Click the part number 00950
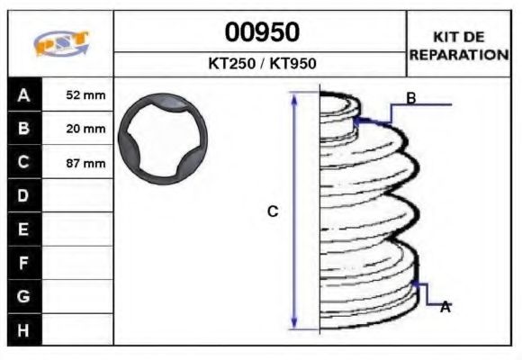[x=261, y=32]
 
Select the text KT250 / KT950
[x=261, y=64]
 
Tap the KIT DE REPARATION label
[x=459, y=45]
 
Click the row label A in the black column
[x=23, y=94]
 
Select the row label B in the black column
[x=23, y=129]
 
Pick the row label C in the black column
[x=23, y=163]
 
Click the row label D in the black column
[x=23, y=195]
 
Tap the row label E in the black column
[x=23, y=229]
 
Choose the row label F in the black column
[x=23, y=263]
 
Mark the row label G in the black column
[x=23, y=296]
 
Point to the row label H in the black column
[x=23, y=330]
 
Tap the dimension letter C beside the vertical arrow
[x=274, y=211]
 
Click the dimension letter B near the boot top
[x=410, y=98]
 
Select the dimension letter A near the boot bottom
[x=445, y=307]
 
